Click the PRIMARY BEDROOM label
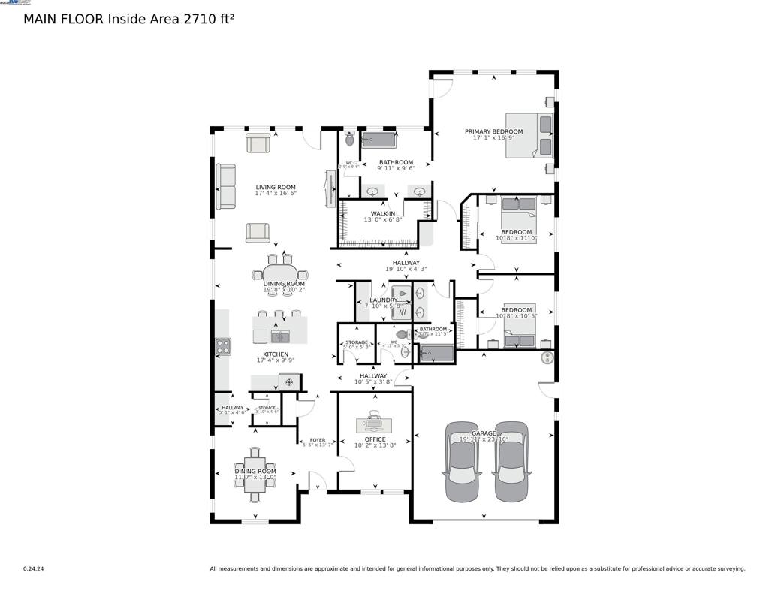click(493, 131)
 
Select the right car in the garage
click(511, 461)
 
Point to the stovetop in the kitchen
click(223, 346)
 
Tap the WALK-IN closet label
click(379, 213)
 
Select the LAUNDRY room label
click(383, 300)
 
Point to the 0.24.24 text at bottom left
click(33, 568)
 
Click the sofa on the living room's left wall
click(225, 186)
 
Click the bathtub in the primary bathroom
click(378, 140)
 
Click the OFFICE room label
click(375, 439)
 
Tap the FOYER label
click(317, 440)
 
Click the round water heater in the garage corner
click(547, 357)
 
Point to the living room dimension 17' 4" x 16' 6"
click(276, 194)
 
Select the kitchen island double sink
click(280, 336)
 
